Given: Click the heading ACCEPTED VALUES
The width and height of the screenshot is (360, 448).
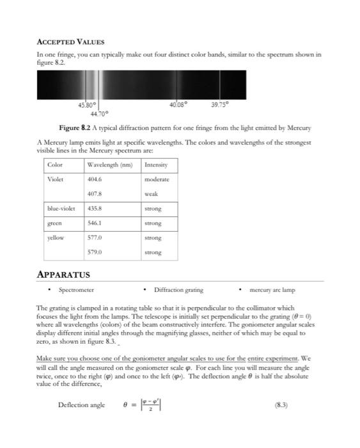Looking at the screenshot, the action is pyautogui.click(x=70, y=42).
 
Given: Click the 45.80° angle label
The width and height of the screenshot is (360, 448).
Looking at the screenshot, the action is pyautogui.click(x=87, y=104).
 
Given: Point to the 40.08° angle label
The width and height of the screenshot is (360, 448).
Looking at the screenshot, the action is pyautogui.click(x=178, y=104).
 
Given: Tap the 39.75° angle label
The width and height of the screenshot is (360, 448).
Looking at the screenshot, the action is pyautogui.click(x=219, y=104).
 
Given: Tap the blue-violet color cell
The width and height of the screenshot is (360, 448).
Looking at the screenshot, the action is pyautogui.click(x=62, y=209).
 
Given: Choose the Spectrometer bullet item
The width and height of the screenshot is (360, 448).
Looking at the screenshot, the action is pyautogui.click(x=76, y=290).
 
